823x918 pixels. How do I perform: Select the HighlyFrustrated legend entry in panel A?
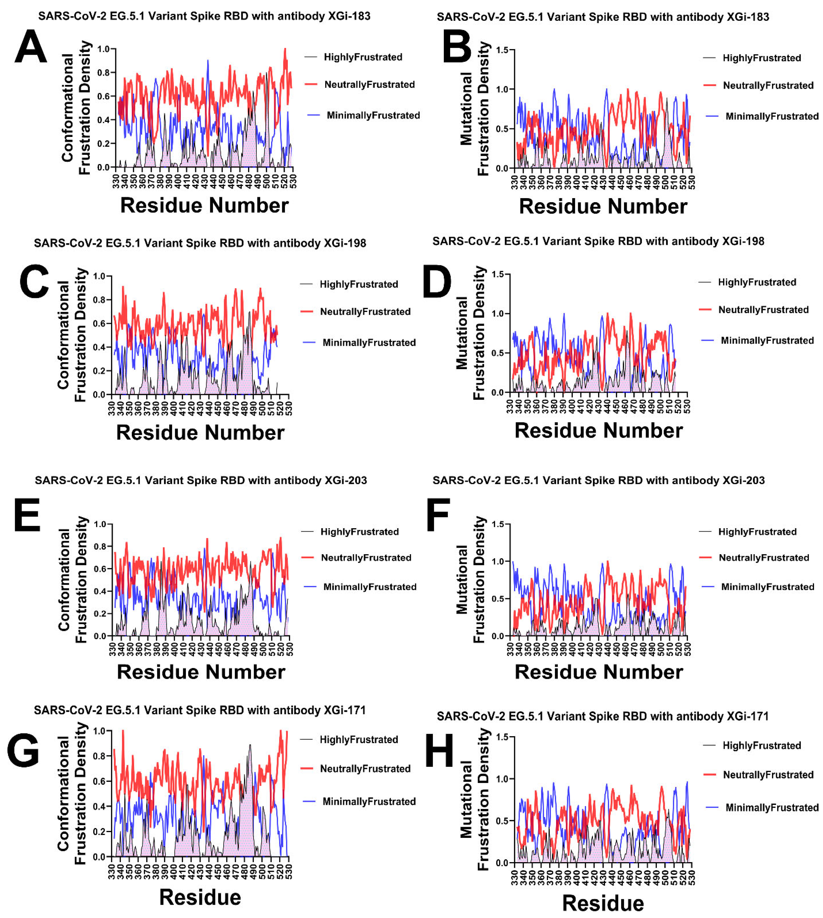[363, 57]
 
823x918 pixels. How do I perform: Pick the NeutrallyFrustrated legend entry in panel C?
[365, 311]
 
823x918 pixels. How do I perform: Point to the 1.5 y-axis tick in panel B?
[502, 50]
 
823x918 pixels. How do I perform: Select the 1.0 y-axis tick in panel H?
[502, 779]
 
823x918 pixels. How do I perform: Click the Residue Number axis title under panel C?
[200, 433]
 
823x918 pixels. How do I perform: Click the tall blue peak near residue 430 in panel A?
[208, 61]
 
